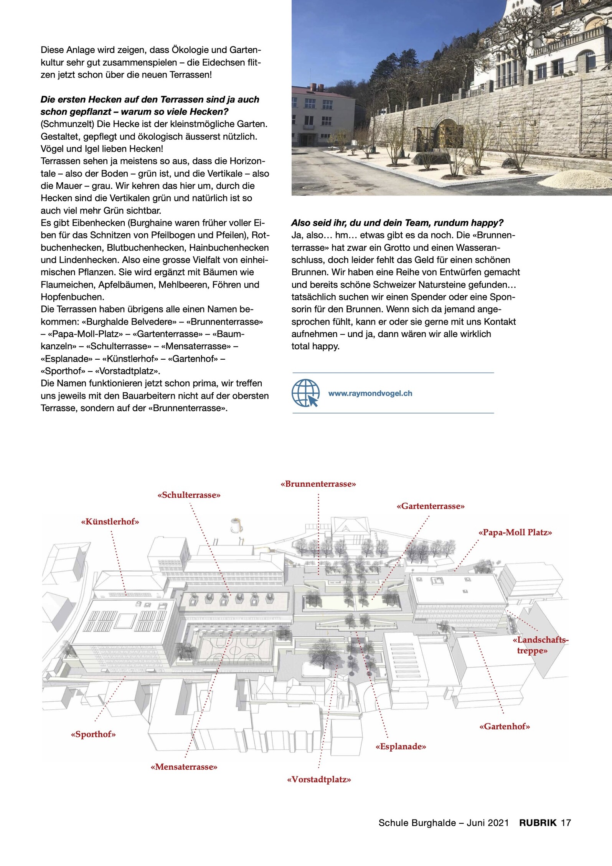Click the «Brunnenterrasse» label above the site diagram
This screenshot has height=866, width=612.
(x=318, y=484)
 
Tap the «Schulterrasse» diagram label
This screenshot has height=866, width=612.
(x=189, y=495)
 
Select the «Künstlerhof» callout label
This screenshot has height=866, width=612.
(x=110, y=521)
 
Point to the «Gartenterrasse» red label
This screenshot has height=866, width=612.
(x=431, y=506)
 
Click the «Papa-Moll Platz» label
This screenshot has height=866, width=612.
(x=515, y=532)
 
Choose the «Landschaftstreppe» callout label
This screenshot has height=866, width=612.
(x=540, y=645)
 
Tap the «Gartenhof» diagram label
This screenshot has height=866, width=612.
(x=505, y=726)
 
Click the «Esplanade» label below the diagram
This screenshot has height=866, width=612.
(x=401, y=747)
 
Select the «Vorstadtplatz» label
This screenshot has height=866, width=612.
(x=319, y=780)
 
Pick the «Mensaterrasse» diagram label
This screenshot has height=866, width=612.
(x=184, y=767)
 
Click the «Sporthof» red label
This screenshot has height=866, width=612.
(x=93, y=734)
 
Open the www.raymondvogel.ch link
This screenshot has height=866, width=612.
(x=370, y=393)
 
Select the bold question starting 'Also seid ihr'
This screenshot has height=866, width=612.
(x=397, y=223)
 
